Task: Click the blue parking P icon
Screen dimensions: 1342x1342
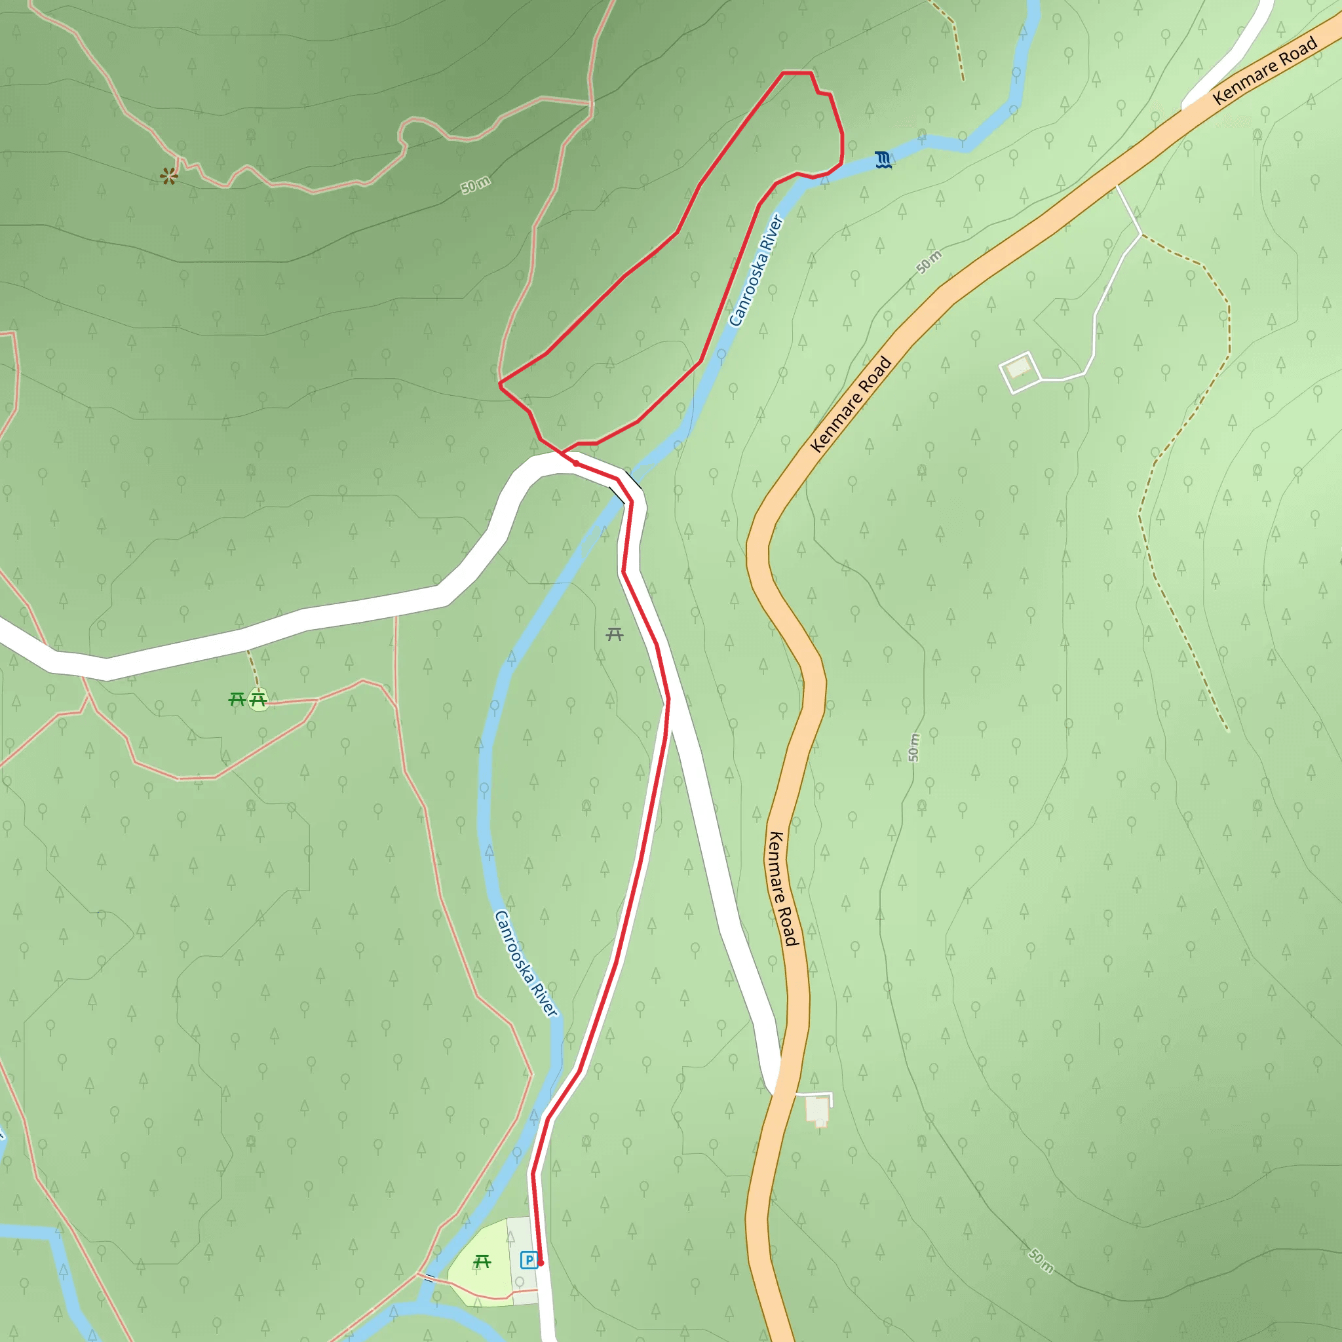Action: (529, 1259)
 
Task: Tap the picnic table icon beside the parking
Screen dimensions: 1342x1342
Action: (482, 1261)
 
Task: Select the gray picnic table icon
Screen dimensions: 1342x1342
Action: (614, 634)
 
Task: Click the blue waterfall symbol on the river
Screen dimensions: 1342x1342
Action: (883, 161)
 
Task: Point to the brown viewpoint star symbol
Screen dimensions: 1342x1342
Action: (169, 176)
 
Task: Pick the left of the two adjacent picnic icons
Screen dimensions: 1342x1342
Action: (237, 699)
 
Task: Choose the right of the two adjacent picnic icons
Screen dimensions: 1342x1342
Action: (258, 699)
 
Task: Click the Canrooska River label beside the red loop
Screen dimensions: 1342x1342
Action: (756, 271)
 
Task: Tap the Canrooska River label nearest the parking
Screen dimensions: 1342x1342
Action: (525, 964)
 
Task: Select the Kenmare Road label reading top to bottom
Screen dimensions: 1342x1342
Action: (782, 889)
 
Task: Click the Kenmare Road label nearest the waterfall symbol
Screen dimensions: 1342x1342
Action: (1265, 69)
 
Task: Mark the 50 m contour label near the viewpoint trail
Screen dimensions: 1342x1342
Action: (476, 185)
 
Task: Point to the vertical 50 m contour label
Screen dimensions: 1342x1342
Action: (914, 748)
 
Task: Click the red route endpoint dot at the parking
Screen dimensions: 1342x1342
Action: (541, 1263)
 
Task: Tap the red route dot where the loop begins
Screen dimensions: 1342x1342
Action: (576, 463)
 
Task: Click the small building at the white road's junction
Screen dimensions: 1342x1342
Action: (818, 1109)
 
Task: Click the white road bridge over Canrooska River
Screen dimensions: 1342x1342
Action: (625, 486)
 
